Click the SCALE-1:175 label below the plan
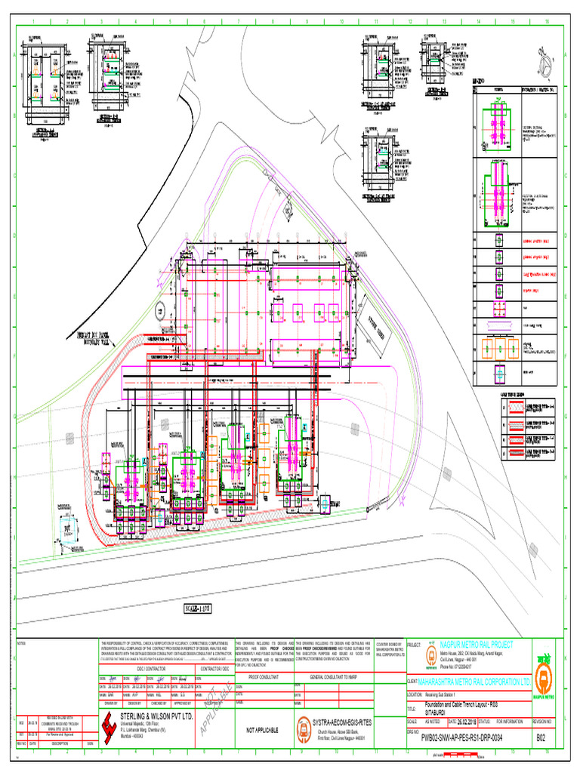(198, 607)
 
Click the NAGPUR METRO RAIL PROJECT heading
(476, 644)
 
